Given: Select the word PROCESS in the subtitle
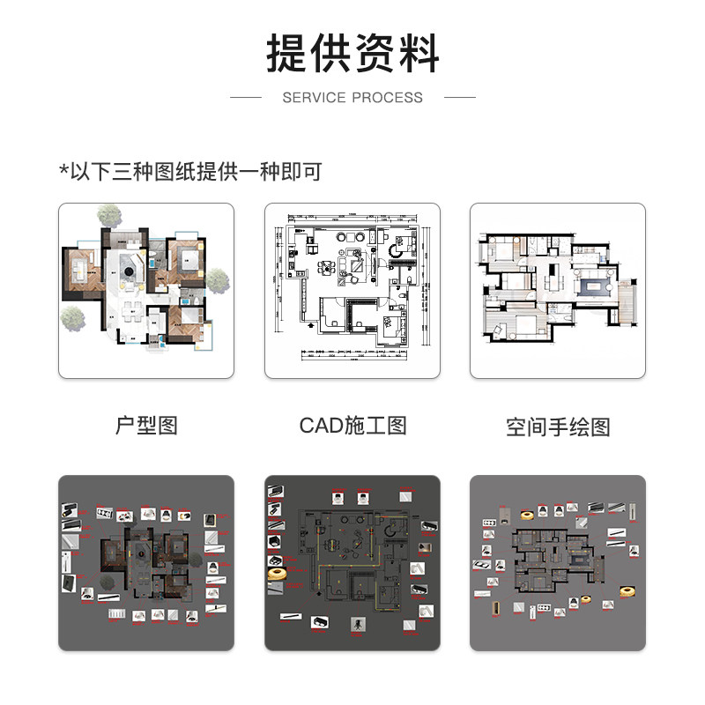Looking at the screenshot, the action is [x=389, y=98].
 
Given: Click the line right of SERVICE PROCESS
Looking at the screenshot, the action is [x=460, y=97].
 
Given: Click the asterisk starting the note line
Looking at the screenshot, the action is [x=63, y=170].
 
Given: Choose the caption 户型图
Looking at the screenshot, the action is [x=146, y=426].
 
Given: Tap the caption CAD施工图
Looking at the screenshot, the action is [x=352, y=426].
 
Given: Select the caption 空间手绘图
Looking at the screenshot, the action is [x=558, y=427].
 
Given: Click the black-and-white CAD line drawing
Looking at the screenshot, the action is [x=352, y=291].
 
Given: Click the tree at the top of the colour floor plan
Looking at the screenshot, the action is [x=109, y=214].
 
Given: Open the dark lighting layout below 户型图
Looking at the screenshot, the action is [x=146, y=563].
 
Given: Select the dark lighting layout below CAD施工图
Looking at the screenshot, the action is [x=352, y=563].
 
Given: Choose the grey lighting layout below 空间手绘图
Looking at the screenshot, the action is [x=558, y=563].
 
